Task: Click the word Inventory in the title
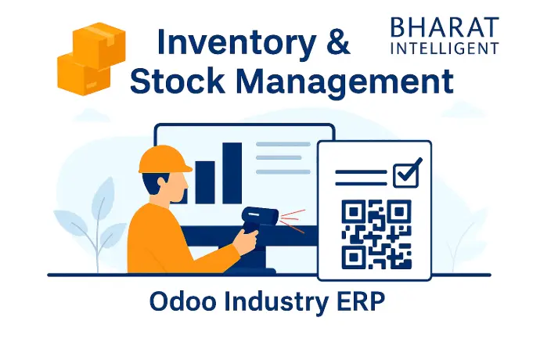pos(236,43)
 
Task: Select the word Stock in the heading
pos(178,81)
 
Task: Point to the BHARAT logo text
pos(445,27)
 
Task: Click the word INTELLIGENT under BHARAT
pos(445,49)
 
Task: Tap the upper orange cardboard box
pos(99,45)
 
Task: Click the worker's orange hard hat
pos(164,159)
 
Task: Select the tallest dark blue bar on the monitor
pos(232,173)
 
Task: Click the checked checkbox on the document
pos(407,174)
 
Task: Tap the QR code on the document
pos(376,234)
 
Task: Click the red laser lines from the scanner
pos(293,221)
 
